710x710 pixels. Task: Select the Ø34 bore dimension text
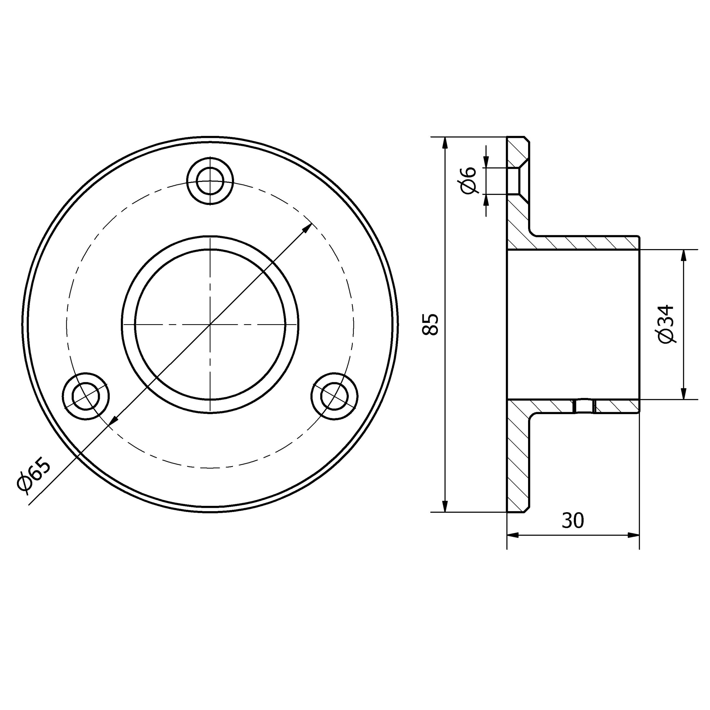(x=666, y=324)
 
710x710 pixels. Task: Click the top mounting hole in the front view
(x=210, y=181)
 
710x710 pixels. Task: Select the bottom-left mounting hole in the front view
(x=86, y=396)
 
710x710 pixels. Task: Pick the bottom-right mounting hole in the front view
(x=334, y=396)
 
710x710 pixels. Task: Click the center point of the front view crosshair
(x=210, y=324)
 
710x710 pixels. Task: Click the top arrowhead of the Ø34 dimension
(x=684, y=255)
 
